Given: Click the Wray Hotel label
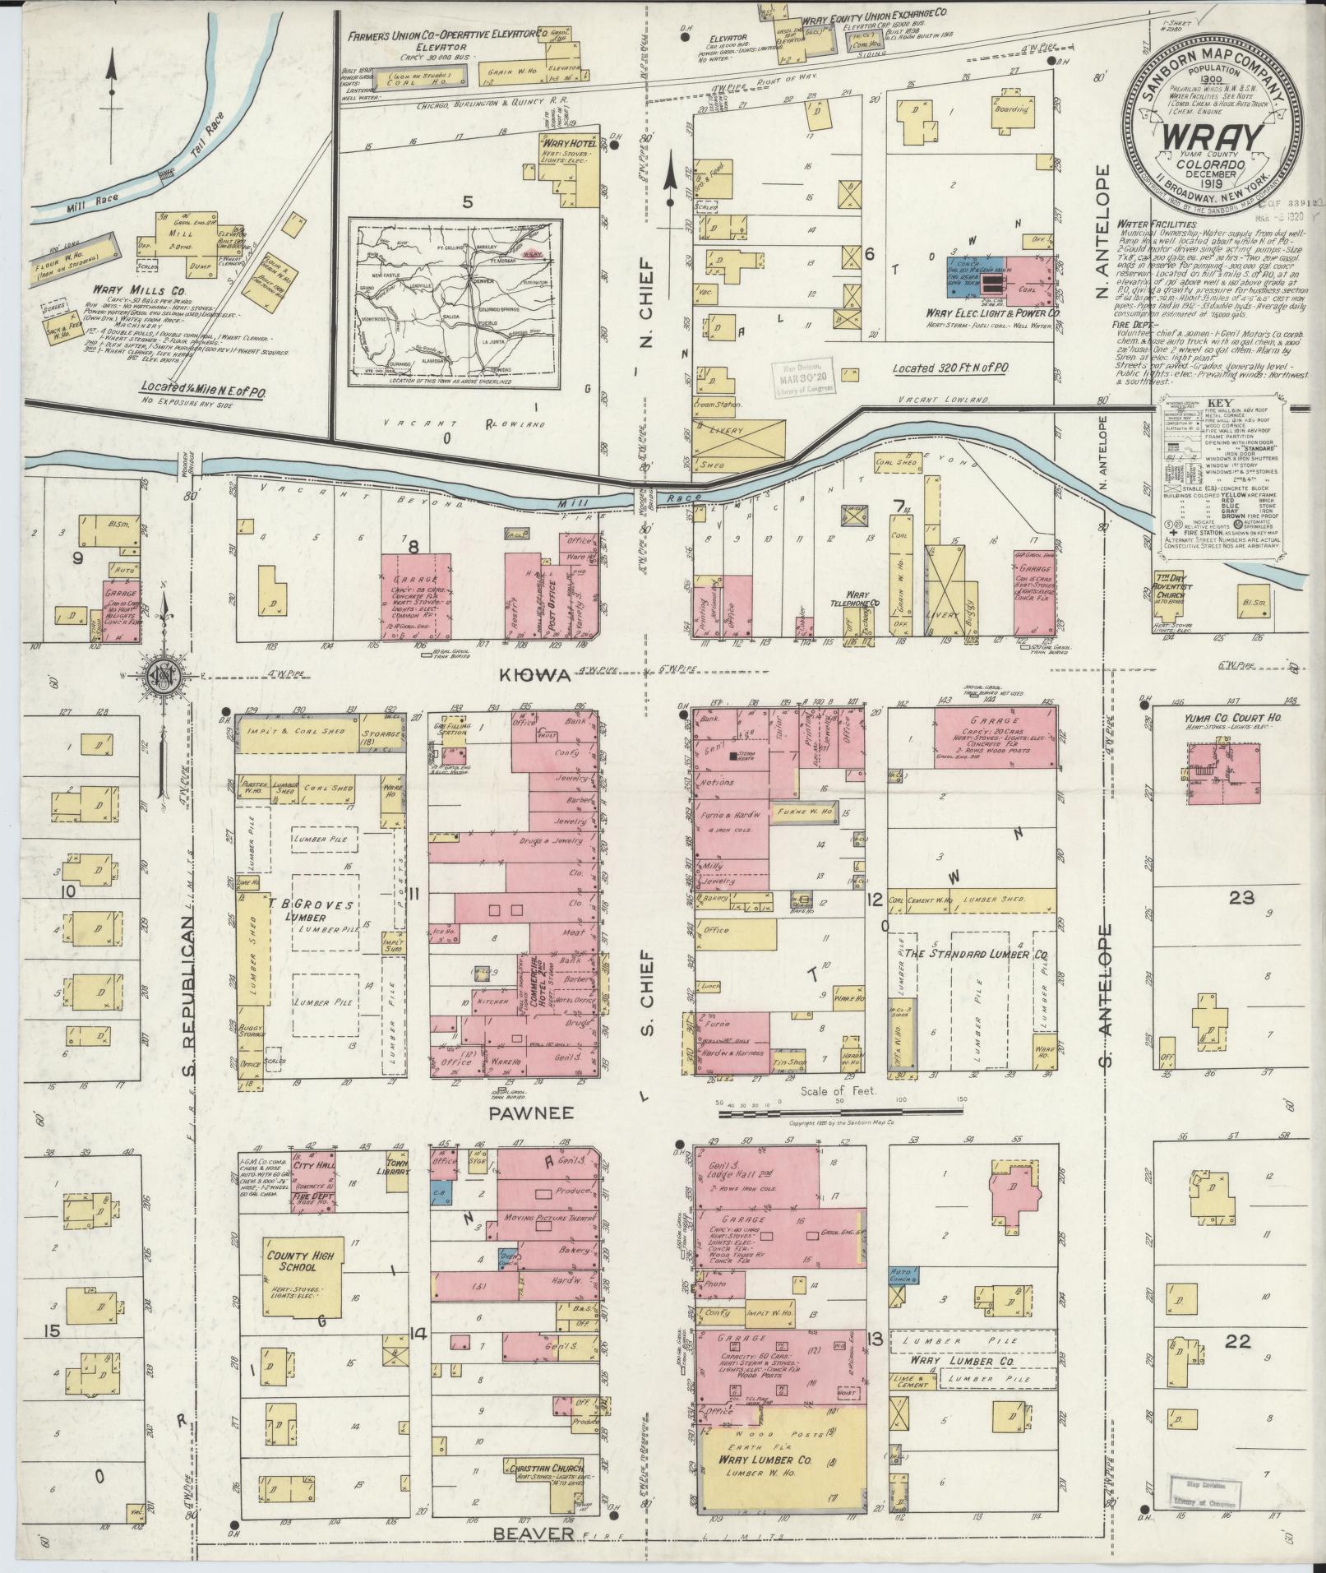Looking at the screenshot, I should (x=563, y=144).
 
